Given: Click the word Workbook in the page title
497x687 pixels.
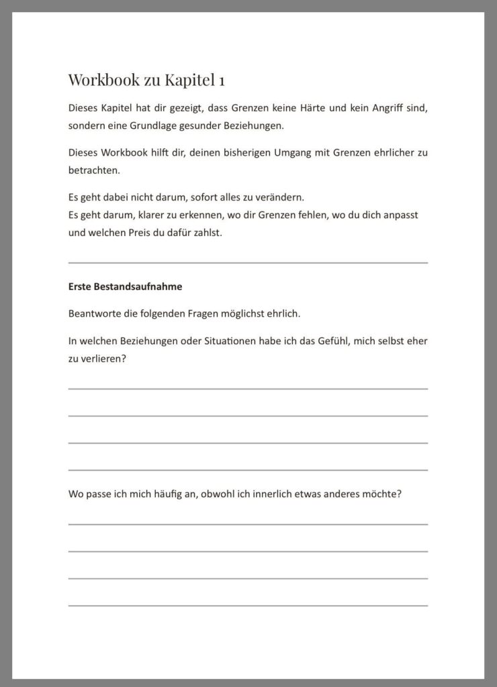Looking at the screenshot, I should pyautogui.click(x=99, y=80).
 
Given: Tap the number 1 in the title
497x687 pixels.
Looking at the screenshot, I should pyautogui.click(x=222, y=80).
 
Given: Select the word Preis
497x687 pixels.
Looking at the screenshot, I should pyautogui.click(x=151, y=233).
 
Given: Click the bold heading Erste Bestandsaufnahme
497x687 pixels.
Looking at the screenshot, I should pyautogui.click(x=125, y=286).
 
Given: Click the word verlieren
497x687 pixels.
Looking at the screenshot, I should pyautogui.click(x=103, y=359).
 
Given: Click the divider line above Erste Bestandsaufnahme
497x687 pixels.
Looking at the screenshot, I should pyautogui.click(x=248, y=262).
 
